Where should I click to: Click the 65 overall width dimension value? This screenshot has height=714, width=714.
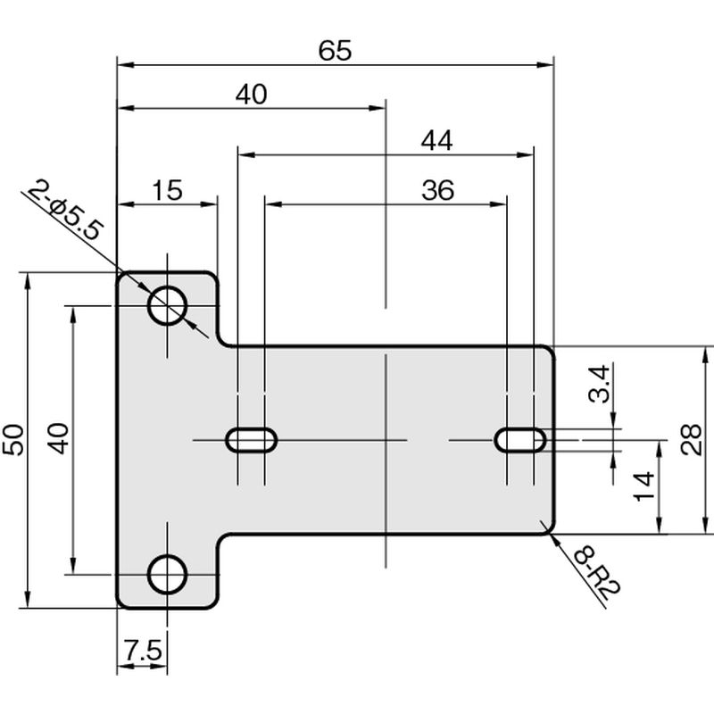[x=335, y=50]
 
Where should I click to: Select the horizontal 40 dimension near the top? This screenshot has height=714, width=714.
[x=252, y=95]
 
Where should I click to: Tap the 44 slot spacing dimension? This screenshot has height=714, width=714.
[x=436, y=141]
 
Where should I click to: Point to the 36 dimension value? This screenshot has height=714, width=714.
[x=437, y=190]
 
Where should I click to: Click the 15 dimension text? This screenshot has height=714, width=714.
[x=167, y=190]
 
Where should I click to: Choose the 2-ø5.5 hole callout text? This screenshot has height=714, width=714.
[x=63, y=210]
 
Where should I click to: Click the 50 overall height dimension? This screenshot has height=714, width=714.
[x=13, y=440]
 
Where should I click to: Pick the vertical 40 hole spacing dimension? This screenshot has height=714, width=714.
[x=59, y=439]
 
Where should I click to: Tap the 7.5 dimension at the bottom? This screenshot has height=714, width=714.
[x=143, y=651]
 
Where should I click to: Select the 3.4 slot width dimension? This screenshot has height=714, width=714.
[x=599, y=384]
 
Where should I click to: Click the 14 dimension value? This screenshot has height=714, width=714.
[x=644, y=486]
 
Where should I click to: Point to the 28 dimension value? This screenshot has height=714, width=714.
[x=691, y=439]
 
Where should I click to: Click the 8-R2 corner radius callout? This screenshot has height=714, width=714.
[x=597, y=574]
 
